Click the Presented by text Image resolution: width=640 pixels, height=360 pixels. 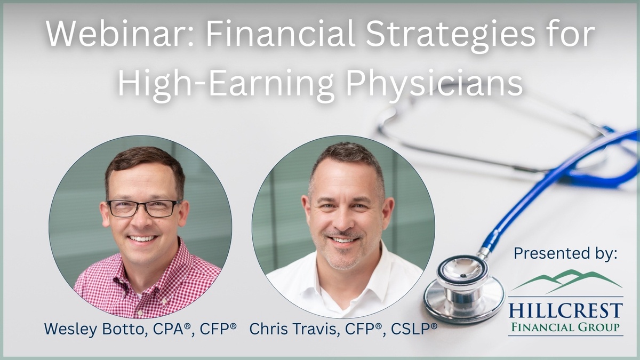(565, 253)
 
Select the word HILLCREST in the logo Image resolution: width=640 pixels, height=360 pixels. (566, 311)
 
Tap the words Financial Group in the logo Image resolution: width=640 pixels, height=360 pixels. (566, 327)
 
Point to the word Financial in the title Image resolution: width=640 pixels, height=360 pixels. (281, 34)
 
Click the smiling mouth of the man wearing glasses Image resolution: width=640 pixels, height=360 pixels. (142, 239)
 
